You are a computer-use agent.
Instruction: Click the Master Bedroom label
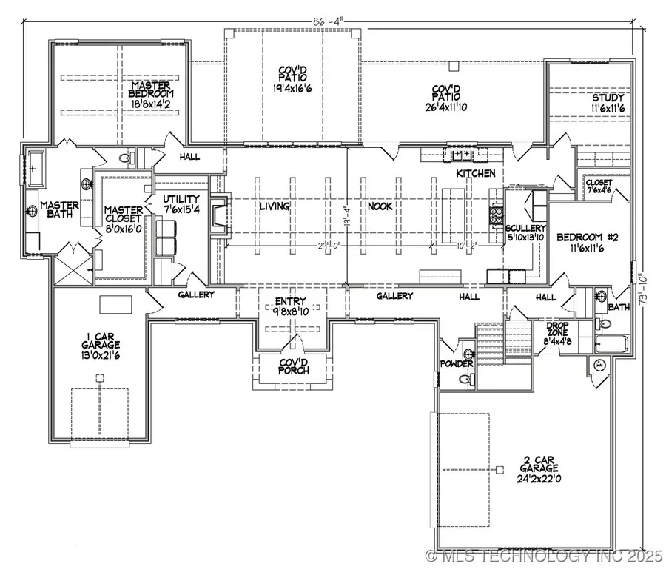148,95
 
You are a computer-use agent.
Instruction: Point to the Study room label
608,98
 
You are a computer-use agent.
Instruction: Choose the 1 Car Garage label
101,344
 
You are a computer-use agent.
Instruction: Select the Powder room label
456,365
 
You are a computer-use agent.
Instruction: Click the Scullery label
526,229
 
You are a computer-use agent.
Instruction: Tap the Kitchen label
475,173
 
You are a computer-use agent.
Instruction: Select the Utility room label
181,200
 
